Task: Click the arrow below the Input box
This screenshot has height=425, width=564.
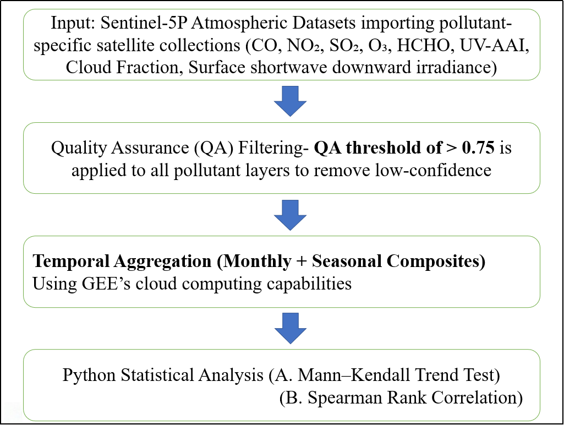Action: point(291,101)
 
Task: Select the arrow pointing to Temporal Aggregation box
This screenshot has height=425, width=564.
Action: point(291,215)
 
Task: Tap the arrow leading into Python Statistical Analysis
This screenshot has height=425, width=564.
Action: point(291,328)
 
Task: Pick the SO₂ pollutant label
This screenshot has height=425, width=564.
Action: point(345,46)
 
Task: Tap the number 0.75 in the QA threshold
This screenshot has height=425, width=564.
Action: point(478,148)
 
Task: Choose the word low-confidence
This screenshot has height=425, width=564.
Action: point(433,170)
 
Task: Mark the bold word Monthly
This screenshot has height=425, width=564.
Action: point(254,261)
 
